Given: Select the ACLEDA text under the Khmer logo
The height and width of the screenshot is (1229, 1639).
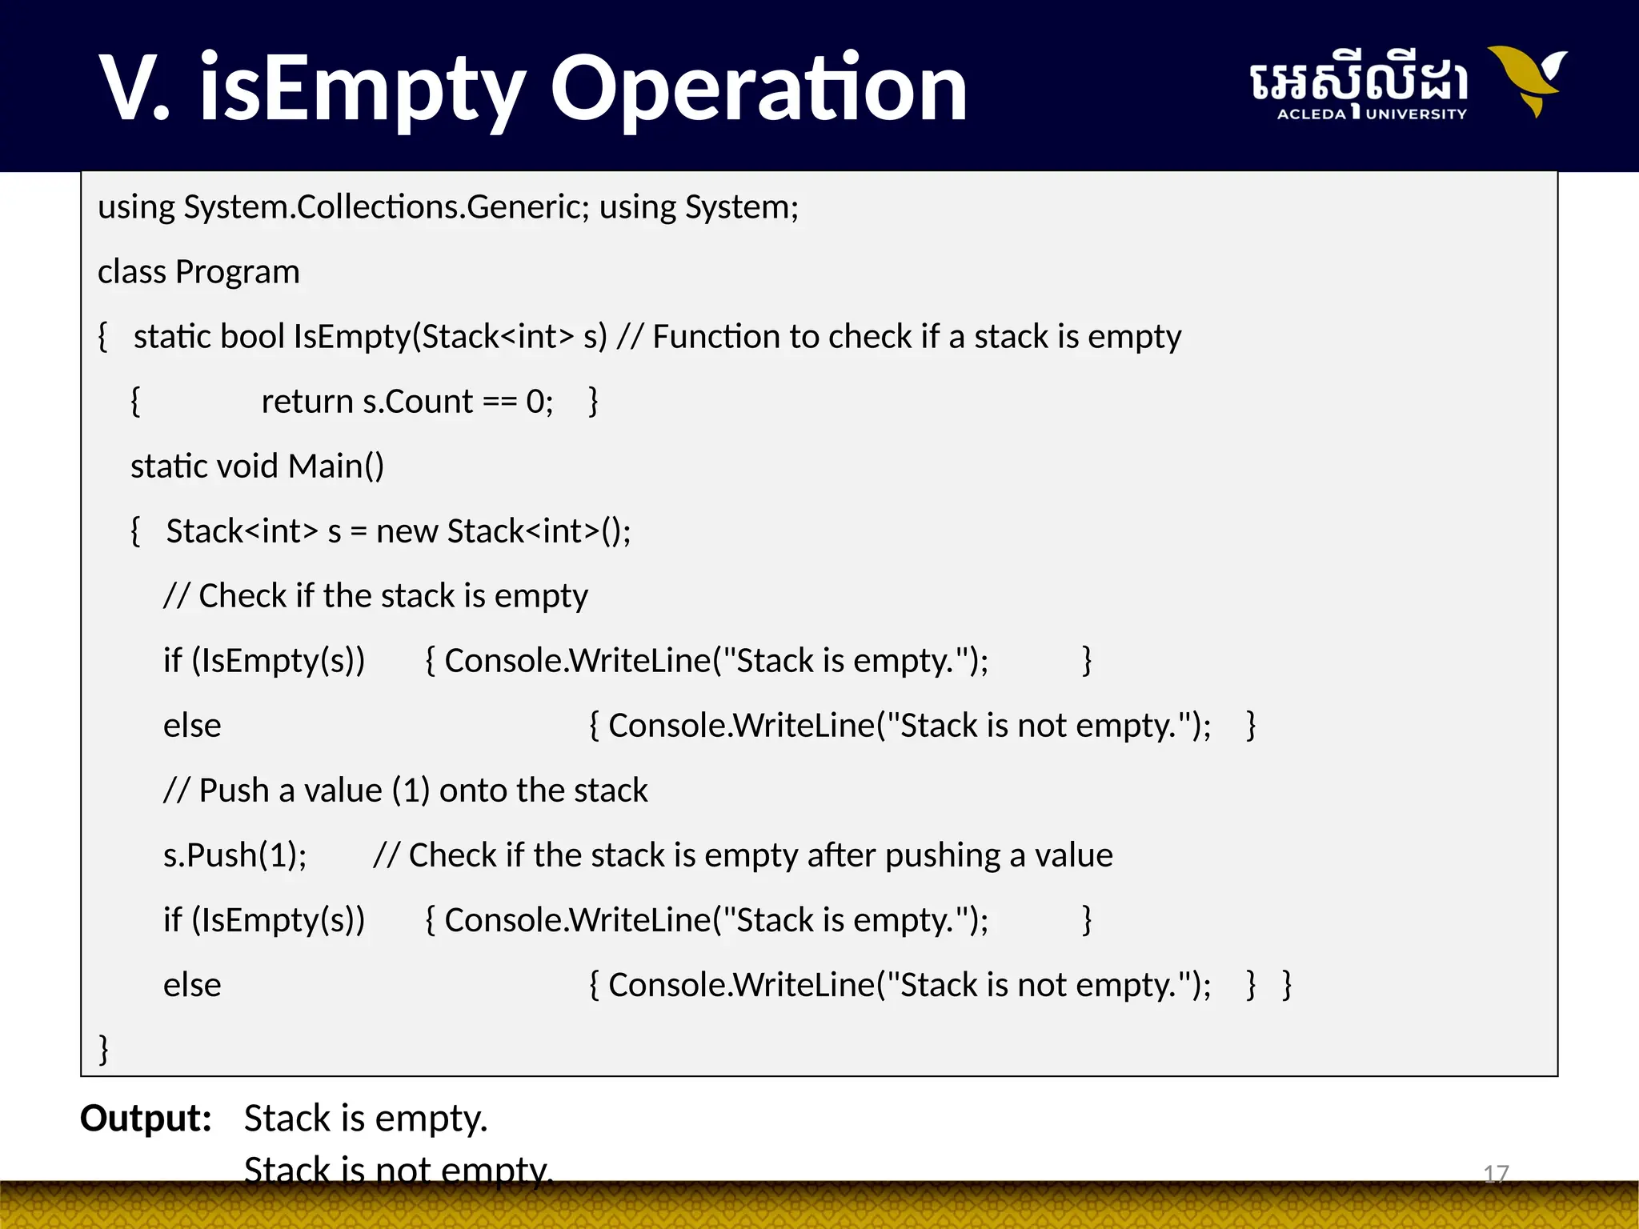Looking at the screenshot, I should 1311,114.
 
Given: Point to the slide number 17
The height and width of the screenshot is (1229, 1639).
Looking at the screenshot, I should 1496,1174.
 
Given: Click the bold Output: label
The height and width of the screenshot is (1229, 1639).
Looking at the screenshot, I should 146,1118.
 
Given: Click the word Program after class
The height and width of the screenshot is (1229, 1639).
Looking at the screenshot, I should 238,272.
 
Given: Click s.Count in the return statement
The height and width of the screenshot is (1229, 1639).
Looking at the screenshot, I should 418,402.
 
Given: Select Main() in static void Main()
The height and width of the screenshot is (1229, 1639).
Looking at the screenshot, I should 336,466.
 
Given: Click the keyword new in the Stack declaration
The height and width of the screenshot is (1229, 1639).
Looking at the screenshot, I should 407,531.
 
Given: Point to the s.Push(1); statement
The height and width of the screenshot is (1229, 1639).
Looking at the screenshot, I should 234,855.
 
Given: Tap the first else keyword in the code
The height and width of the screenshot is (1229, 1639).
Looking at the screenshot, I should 192,726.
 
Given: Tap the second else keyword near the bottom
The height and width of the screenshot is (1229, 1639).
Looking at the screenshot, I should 192,985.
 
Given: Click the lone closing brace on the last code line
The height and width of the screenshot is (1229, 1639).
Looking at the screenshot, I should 103,1048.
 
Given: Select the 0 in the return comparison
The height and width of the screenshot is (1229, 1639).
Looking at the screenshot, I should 535,402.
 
